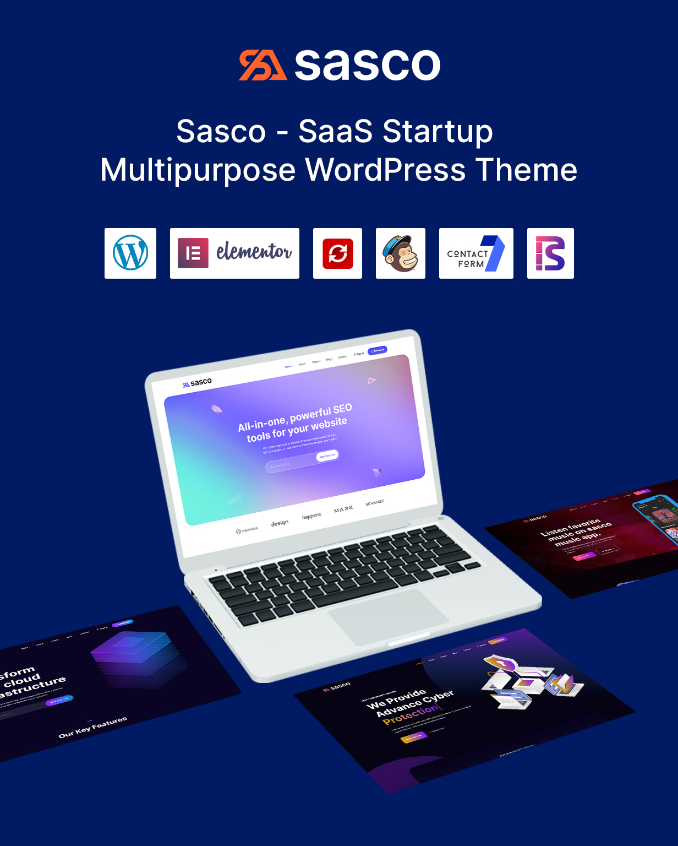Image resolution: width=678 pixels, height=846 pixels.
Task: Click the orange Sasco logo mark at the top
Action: [263, 66]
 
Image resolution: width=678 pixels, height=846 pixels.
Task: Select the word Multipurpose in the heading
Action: [198, 170]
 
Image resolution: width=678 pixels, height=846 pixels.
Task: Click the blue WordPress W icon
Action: [130, 253]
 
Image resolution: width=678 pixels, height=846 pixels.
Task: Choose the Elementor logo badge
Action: [234, 253]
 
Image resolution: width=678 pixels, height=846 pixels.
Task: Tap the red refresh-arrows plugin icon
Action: [337, 253]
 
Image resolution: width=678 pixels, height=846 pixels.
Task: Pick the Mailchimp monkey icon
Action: [401, 253]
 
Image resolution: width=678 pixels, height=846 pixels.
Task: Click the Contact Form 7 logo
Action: [476, 253]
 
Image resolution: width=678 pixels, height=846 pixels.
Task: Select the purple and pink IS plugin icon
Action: [550, 253]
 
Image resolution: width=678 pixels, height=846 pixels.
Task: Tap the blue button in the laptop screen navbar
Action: [378, 350]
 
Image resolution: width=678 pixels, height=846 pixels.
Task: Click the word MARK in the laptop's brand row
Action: [343, 509]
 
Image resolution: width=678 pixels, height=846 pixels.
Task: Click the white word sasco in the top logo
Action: [368, 66]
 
